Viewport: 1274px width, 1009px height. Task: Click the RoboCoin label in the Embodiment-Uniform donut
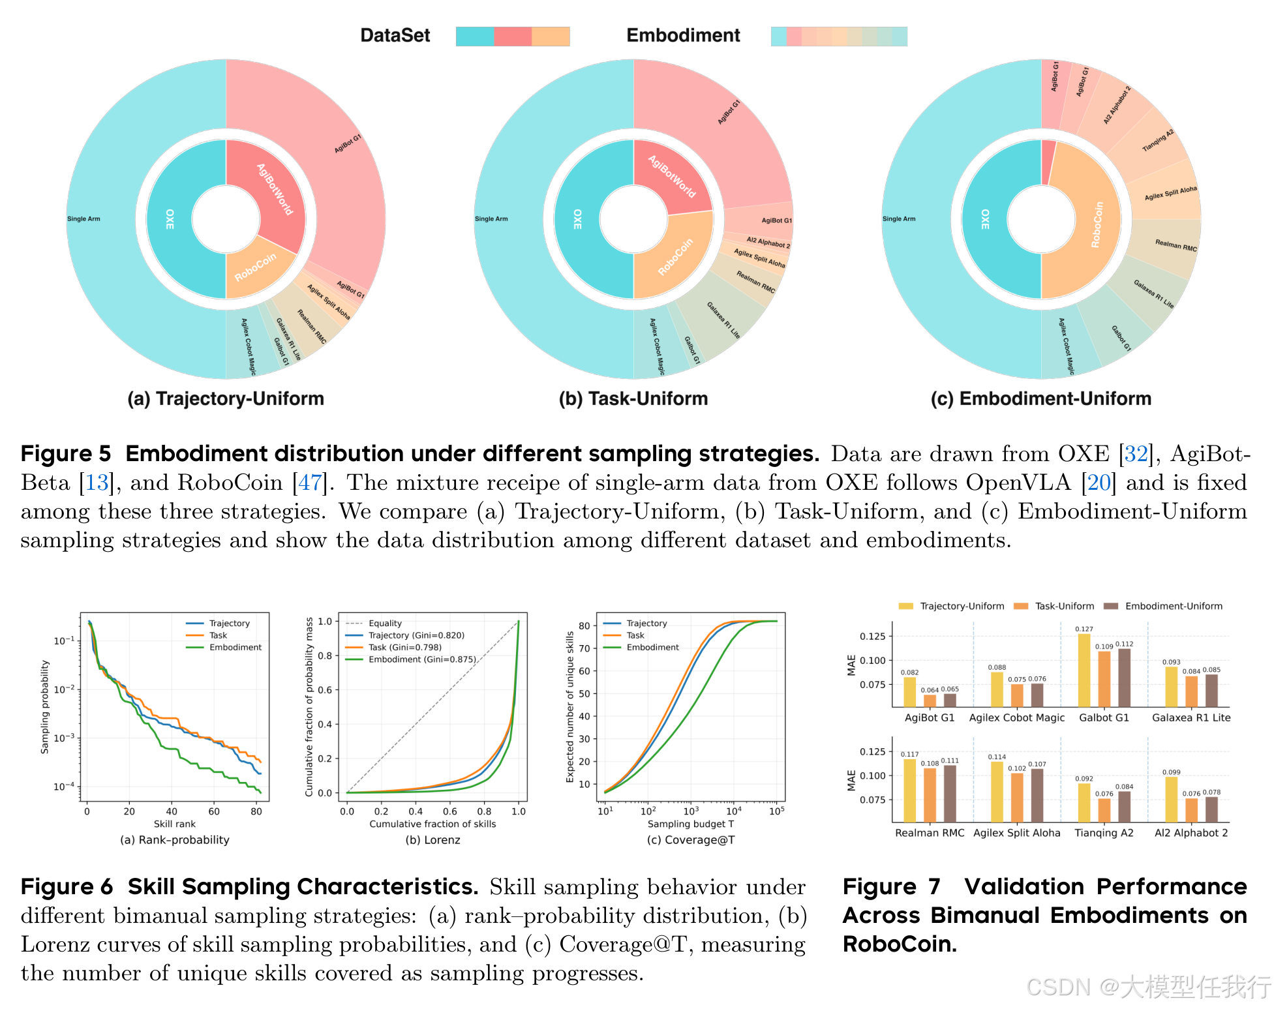pyautogui.click(x=1098, y=224)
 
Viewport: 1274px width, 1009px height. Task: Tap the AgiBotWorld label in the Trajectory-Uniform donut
pyautogui.click(x=275, y=189)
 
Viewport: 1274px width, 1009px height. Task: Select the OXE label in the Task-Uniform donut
pyautogui.click(x=577, y=219)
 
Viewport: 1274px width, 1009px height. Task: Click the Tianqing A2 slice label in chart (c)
pyautogui.click(x=1158, y=141)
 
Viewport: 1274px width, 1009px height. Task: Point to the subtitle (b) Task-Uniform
pyautogui.click(x=633, y=399)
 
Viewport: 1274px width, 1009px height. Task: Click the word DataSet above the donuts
pyautogui.click(x=395, y=35)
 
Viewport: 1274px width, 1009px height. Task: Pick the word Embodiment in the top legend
pyautogui.click(x=683, y=35)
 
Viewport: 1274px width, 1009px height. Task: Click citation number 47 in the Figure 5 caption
pyautogui.click(x=310, y=483)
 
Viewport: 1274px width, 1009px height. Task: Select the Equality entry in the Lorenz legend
pyautogui.click(x=385, y=624)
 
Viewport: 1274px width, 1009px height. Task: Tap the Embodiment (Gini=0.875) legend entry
pyautogui.click(x=422, y=659)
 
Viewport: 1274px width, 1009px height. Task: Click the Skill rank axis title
pyautogui.click(x=174, y=824)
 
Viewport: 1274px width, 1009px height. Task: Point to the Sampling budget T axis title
pyautogui.click(x=690, y=824)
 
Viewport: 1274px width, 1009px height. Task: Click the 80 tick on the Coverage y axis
pyautogui.click(x=584, y=625)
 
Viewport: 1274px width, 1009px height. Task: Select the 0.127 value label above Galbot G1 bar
pyautogui.click(x=1084, y=629)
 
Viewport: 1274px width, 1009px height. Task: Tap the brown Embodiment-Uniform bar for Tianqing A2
pyautogui.click(x=1124, y=806)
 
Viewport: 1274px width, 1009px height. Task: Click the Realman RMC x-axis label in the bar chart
pyautogui.click(x=930, y=833)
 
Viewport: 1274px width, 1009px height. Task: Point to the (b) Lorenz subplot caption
pyautogui.click(x=432, y=840)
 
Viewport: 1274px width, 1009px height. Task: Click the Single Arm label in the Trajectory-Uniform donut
pyautogui.click(x=83, y=219)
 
